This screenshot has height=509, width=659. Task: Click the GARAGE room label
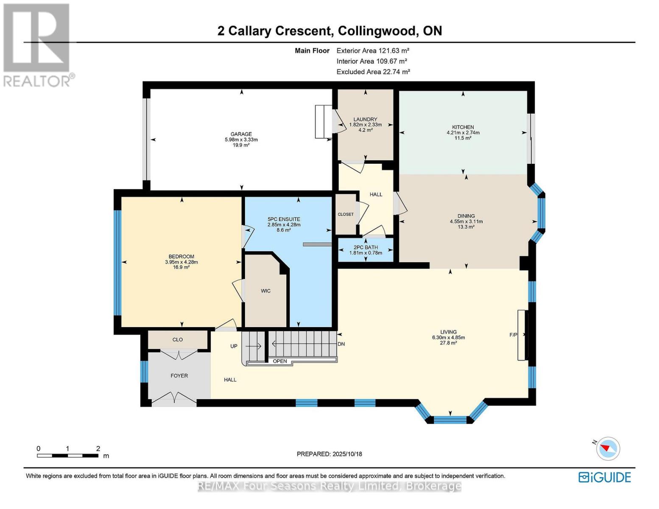click(x=241, y=134)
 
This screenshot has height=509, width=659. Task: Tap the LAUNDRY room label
click(x=365, y=120)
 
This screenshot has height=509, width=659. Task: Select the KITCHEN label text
click(x=463, y=127)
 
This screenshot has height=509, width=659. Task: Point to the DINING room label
click(x=466, y=216)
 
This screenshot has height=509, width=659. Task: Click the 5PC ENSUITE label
click(x=284, y=219)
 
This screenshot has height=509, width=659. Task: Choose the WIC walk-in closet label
click(x=265, y=291)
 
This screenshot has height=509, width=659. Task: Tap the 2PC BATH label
click(x=365, y=247)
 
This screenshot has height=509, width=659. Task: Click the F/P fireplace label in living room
click(x=513, y=335)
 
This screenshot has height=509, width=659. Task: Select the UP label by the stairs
click(x=234, y=346)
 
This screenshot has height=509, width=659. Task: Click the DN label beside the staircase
click(x=341, y=344)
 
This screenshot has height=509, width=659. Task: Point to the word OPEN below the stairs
click(x=280, y=361)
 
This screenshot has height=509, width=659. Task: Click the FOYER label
click(x=179, y=376)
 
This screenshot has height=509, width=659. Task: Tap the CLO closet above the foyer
click(x=177, y=339)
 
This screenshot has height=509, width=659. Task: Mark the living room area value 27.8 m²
click(x=448, y=343)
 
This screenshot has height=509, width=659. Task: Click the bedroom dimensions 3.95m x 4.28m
click(x=181, y=262)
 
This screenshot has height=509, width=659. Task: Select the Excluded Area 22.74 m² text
click(x=373, y=72)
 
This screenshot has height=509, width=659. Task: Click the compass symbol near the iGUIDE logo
click(x=608, y=448)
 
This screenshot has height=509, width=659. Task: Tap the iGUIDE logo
click(x=604, y=477)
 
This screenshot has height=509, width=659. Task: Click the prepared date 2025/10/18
click(x=346, y=454)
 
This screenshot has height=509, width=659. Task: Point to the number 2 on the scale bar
click(x=98, y=448)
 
